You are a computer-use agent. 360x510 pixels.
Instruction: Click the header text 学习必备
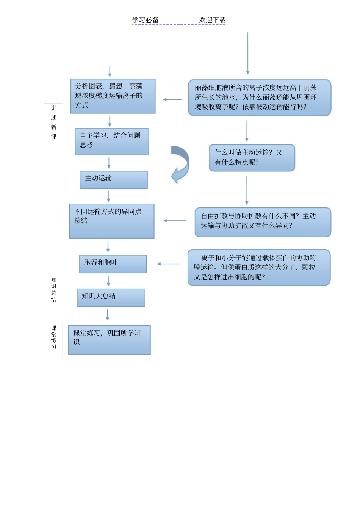click(145, 20)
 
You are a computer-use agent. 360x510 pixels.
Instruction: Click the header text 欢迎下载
click(212, 20)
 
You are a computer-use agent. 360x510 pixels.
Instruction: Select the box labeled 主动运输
click(114, 180)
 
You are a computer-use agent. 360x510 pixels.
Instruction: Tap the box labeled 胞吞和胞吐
click(113, 264)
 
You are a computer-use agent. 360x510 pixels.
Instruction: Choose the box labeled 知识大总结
click(111, 298)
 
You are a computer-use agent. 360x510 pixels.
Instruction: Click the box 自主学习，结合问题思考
click(112, 141)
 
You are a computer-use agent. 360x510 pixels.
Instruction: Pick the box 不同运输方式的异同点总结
click(112, 221)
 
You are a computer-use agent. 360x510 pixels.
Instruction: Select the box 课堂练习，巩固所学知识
click(109, 340)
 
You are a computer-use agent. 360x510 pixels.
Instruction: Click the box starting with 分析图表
click(113, 96)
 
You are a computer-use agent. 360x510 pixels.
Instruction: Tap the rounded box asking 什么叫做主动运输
click(252, 158)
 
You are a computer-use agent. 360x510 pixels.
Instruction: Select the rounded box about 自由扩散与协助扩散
click(263, 222)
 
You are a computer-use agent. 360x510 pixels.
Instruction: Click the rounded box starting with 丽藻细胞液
click(260, 97)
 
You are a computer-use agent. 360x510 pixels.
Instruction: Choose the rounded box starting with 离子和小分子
click(259, 267)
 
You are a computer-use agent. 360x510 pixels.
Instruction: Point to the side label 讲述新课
click(54, 122)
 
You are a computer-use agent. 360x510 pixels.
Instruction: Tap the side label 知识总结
click(54, 290)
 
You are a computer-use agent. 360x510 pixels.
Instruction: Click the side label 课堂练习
click(54, 337)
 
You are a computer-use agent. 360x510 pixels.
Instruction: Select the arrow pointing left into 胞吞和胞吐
click(168, 264)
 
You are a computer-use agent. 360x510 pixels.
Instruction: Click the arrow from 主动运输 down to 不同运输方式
click(108, 196)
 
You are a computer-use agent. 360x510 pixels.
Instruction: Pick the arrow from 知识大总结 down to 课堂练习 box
click(108, 315)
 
